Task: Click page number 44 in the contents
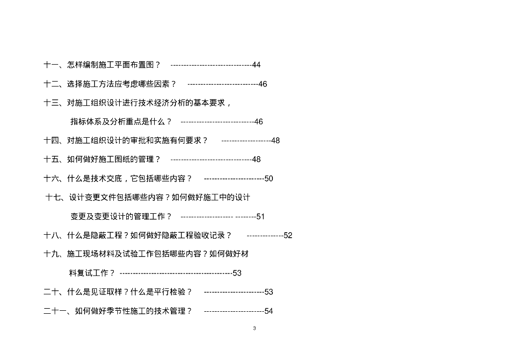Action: pyautogui.click(x=256, y=65)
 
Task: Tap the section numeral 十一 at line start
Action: pyautogui.click(x=52, y=65)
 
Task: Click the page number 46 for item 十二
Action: pyautogui.click(x=262, y=84)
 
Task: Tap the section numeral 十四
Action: pyautogui.click(x=52, y=141)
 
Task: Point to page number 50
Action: pyautogui.click(x=268, y=179)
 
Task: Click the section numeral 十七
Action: pyautogui.click(x=53, y=197)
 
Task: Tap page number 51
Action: pyautogui.click(x=260, y=217)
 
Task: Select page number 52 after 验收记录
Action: pyautogui.click(x=288, y=236)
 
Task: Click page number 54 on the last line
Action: pyautogui.click(x=268, y=311)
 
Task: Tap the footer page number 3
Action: pyautogui.click(x=254, y=328)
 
